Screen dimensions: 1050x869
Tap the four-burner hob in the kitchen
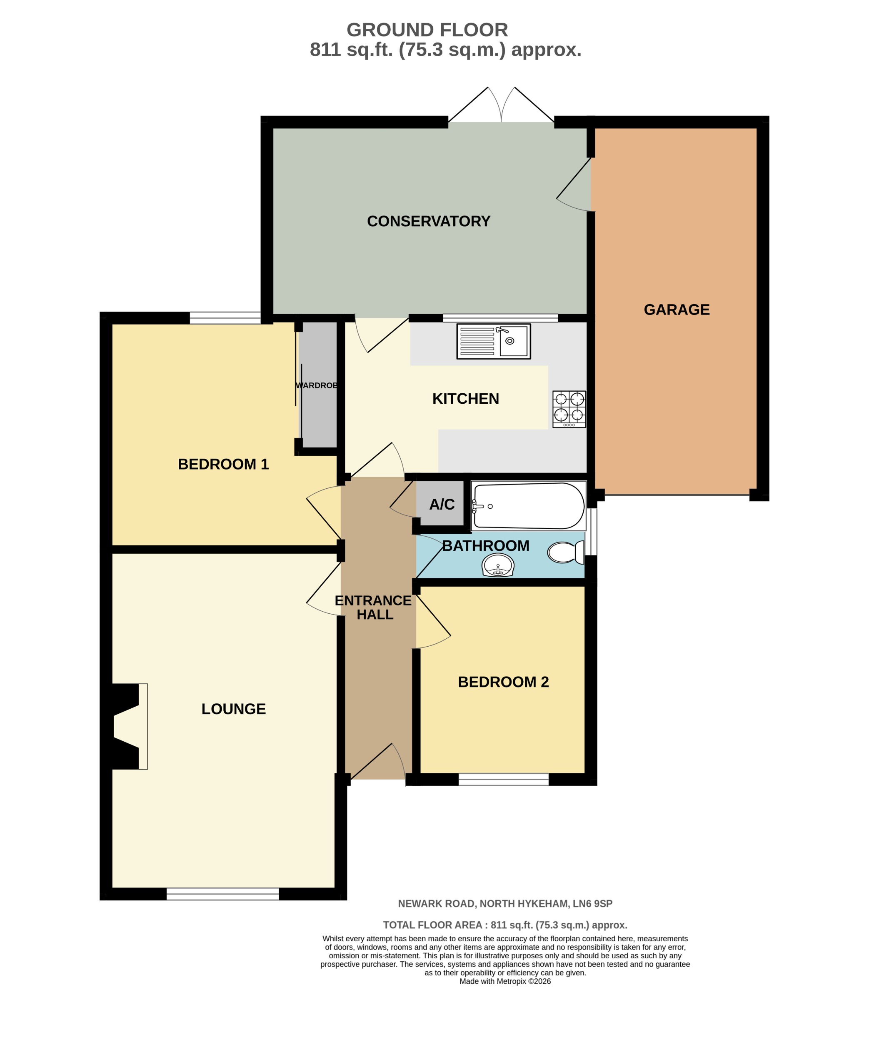[x=569, y=409]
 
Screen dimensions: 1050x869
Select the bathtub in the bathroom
[x=529, y=505]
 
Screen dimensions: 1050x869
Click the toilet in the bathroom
[x=565, y=552]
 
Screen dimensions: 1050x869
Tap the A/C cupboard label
[x=442, y=505]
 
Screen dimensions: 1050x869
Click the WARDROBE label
[x=316, y=385]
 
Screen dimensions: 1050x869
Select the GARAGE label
[x=676, y=310]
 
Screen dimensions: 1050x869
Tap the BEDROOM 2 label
[x=503, y=682]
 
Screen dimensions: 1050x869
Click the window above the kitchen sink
[x=500, y=317]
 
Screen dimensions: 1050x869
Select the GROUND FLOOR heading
[x=427, y=30]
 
